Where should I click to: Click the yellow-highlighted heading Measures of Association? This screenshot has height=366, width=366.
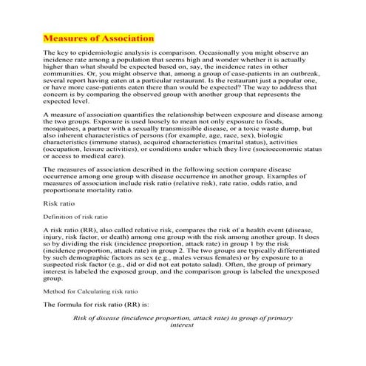pos(98,37)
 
